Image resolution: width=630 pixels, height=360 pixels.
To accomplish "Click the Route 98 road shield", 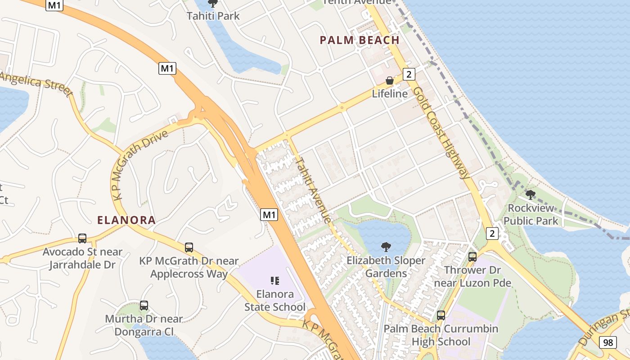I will pos(608,342).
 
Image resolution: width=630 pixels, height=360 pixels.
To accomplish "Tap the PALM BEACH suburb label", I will pos(360,40).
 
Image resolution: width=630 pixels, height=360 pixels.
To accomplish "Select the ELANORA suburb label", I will pos(126,220).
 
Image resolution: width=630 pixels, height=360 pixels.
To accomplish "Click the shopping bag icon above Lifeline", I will pos(390,81).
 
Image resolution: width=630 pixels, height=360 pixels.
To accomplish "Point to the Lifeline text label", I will pos(390,94).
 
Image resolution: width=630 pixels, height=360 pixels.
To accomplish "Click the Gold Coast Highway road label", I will pos(441,132).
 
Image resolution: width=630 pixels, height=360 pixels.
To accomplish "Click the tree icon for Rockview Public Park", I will pos(531,195).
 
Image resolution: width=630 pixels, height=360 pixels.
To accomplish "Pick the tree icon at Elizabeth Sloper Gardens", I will pos(386,247).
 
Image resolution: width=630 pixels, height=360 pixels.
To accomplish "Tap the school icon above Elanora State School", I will pos(275,281).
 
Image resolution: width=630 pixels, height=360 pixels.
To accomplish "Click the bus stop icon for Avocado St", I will pos(82,238).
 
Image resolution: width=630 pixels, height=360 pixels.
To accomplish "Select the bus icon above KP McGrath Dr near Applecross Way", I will pos(189,247).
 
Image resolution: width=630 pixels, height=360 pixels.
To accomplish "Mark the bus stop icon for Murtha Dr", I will pos(144,306).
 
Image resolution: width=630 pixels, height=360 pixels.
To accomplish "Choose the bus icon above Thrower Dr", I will pos(472,257).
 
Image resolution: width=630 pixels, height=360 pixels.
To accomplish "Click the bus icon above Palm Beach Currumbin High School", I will pos(441,315).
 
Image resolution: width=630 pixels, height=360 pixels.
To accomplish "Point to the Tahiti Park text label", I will pos(213,16).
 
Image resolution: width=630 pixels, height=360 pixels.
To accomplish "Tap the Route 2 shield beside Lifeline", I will pos(409,74).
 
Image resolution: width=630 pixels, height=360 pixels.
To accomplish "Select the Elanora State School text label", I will pos(275,301).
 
